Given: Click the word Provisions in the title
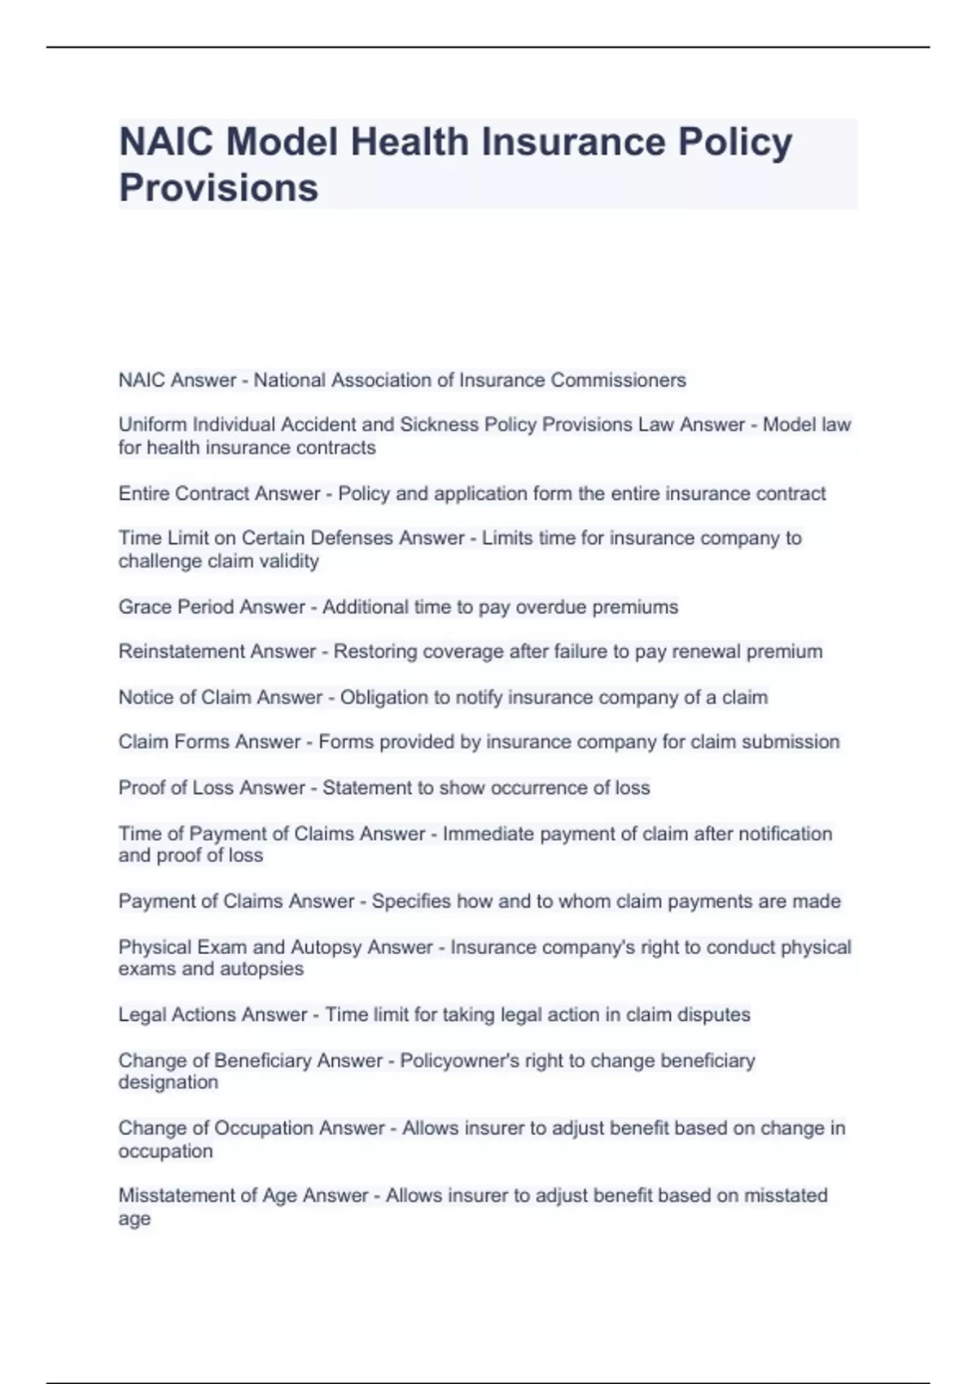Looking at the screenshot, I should click(x=218, y=187).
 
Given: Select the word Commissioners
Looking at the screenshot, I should click(x=618, y=380).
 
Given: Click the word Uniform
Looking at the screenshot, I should click(x=152, y=424).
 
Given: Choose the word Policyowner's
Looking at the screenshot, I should click(x=459, y=1061).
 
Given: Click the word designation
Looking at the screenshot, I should click(x=169, y=1082).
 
